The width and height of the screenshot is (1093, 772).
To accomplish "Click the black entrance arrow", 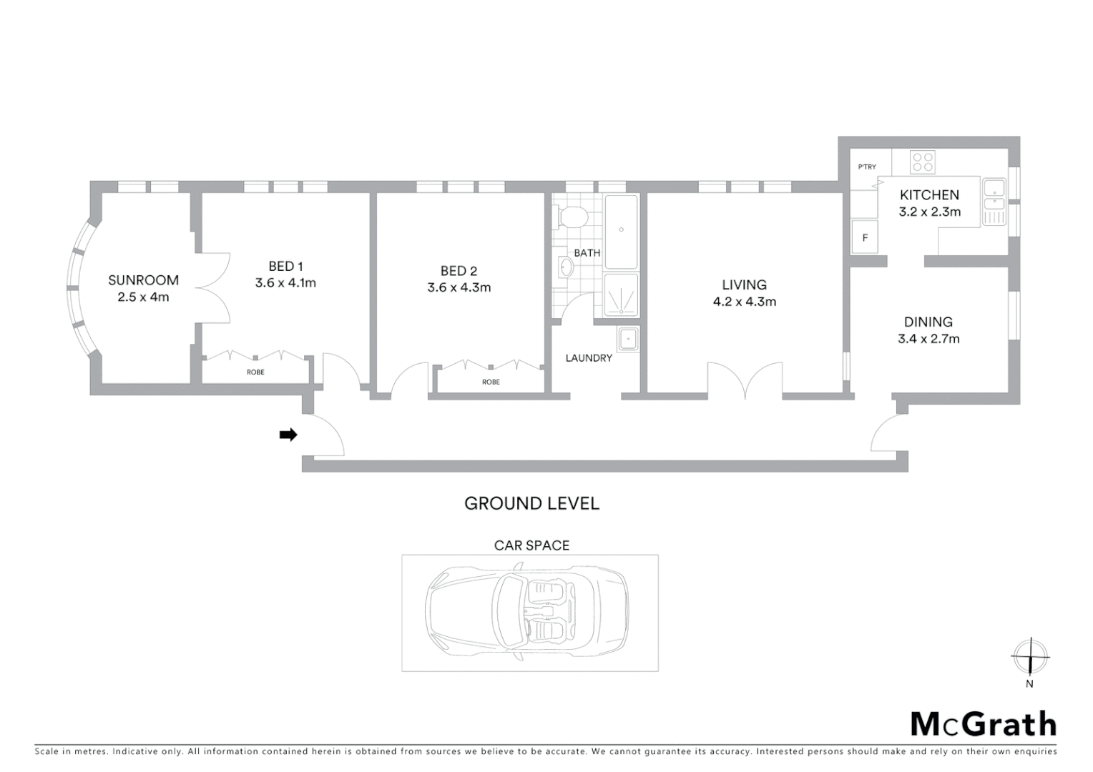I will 288,435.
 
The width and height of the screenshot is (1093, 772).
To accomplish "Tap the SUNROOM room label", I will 143,280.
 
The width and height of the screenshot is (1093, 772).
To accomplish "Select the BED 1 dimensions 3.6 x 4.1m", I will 285,283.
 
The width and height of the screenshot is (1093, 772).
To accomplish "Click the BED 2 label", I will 459,271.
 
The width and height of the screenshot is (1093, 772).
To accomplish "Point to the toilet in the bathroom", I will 574,215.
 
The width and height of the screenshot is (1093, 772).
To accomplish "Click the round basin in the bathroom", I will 567,267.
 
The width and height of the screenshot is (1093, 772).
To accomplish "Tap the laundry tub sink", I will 629,339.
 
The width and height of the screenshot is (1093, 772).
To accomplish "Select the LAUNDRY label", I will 589,358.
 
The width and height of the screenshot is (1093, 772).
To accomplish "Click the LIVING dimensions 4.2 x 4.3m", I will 744,302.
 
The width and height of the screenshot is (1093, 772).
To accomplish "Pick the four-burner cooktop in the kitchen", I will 922,162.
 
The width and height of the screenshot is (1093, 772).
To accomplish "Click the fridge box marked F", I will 865,238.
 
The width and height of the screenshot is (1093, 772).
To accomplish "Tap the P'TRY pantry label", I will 867,167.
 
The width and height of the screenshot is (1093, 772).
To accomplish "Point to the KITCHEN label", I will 929,194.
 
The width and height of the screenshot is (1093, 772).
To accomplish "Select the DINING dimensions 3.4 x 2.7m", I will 928,339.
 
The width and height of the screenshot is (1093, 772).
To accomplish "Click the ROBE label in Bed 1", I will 255,372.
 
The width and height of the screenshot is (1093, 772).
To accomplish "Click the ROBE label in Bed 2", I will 491,382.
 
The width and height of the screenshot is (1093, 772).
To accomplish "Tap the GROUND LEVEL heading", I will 531,503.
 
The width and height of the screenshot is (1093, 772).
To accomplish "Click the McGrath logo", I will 983,724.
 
